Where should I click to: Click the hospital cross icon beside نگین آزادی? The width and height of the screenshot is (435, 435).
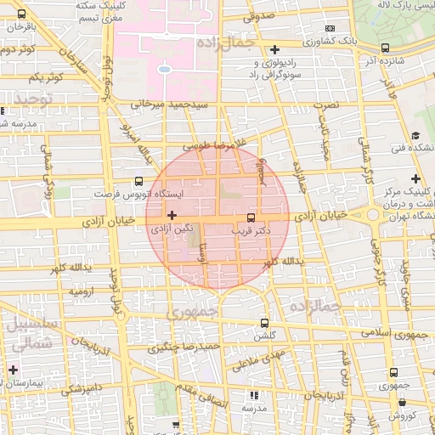172,215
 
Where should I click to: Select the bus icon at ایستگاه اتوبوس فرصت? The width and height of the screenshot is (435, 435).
138,181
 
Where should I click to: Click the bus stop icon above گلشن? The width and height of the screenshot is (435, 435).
264,324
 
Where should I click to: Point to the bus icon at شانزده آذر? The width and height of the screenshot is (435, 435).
386,48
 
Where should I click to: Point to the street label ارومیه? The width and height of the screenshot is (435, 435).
78,291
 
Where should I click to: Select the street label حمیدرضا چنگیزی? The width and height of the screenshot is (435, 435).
185,347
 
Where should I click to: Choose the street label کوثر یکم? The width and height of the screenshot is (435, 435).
47,79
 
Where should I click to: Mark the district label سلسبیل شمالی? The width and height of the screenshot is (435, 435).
32,333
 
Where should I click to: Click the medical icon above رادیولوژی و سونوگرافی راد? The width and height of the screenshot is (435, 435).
274,49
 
